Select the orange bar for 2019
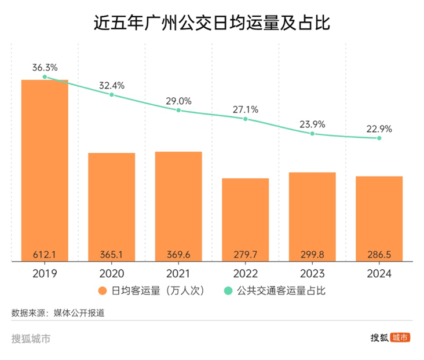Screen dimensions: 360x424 (x=45, y=168)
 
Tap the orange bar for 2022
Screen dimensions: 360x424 (x=245, y=217)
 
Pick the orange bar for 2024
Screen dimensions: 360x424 (x=379, y=216)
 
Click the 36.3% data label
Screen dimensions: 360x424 (x=45, y=67)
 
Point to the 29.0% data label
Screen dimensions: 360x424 (x=178, y=101)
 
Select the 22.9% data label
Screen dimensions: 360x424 (x=379, y=128)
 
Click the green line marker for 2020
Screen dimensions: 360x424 (x=112, y=94)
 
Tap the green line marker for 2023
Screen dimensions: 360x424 (x=312, y=134)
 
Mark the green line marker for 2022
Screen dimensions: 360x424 (x=246, y=119)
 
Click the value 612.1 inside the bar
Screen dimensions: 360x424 (x=45, y=254)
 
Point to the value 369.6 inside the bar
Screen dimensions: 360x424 (x=178, y=254)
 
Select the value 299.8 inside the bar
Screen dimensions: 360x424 (x=312, y=254)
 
